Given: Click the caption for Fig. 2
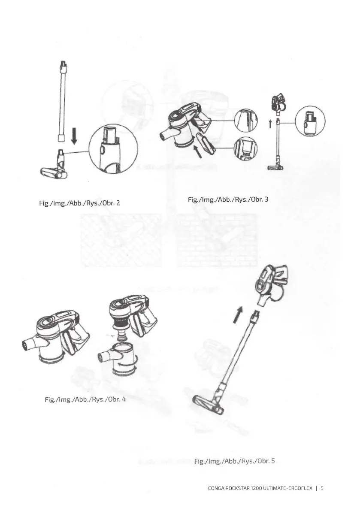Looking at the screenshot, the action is tap(79, 203).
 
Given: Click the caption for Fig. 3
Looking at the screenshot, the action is tap(228, 200).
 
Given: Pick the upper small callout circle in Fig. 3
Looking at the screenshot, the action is tap(246, 121).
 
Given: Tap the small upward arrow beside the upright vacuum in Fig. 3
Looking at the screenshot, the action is tap(270, 124).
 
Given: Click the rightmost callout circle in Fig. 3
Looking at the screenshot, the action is tap(311, 121).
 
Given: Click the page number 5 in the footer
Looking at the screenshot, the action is tap(322, 488).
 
